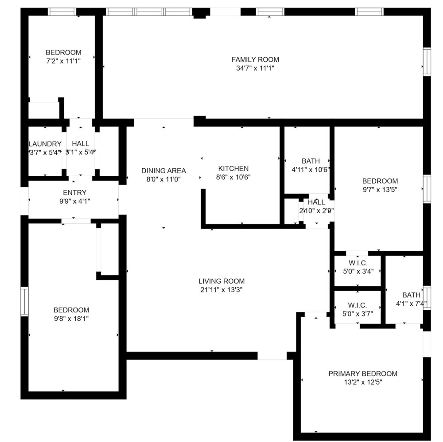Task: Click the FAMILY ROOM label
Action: pyautogui.click(x=255, y=59)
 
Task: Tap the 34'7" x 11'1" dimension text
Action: pyautogui.click(x=255, y=68)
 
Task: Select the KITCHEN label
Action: pyautogui.click(x=233, y=169)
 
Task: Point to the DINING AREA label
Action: pyautogui.click(x=163, y=170)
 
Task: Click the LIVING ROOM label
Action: pyautogui.click(x=221, y=281)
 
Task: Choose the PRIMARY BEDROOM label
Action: pyautogui.click(x=363, y=374)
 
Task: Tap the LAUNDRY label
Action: pyautogui.click(x=45, y=144)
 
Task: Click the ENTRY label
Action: pyautogui.click(x=74, y=193)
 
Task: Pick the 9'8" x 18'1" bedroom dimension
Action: pyautogui.click(x=71, y=319)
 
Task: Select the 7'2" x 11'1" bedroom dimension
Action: pyautogui.click(x=63, y=61)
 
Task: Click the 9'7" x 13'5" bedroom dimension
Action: pyautogui.click(x=380, y=189)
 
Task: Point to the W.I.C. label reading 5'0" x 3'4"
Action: pyautogui.click(x=358, y=263)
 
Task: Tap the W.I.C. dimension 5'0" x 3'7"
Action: pyautogui.click(x=358, y=314)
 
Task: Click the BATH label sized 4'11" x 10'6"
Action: pyautogui.click(x=311, y=161)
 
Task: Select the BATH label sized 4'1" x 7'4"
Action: pyautogui.click(x=411, y=295)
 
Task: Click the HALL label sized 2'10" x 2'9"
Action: pyautogui.click(x=316, y=202)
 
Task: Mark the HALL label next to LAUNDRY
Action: pyautogui.click(x=81, y=144)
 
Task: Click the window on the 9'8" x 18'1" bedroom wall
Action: pyautogui.click(x=24, y=301)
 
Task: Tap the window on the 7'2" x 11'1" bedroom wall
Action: pyautogui.click(x=62, y=12)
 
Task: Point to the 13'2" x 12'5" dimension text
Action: pyautogui.click(x=363, y=383)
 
